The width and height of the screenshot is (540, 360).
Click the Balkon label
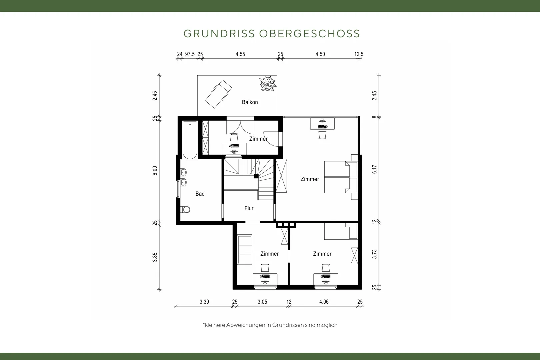pyautogui.click(x=250, y=102)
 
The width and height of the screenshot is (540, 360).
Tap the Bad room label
pyautogui.click(x=200, y=194)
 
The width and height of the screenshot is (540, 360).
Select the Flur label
pyautogui.click(x=249, y=208)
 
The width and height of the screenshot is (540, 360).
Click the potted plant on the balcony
pyautogui.click(x=268, y=84)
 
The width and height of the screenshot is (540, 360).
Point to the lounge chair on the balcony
pyautogui.click(x=218, y=94)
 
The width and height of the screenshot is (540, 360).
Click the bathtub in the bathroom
pyautogui.click(x=190, y=140)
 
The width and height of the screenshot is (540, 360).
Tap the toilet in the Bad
pyautogui.click(x=185, y=210)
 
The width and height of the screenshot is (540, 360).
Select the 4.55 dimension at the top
pyautogui.click(x=240, y=54)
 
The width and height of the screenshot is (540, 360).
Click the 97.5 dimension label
pyautogui.click(x=190, y=54)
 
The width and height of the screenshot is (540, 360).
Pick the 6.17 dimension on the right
pyautogui.click(x=374, y=169)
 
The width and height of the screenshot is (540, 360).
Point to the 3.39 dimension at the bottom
pyautogui.click(x=204, y=302)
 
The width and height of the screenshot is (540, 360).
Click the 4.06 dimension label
pyautogui.click(x=324, y=302)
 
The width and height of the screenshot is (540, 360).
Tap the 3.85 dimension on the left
pyautogui.click(x=155, y=257)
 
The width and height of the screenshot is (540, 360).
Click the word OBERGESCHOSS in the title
pyautogui.click(x=310, y=34)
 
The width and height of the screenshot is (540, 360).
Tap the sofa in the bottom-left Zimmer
pyautogui.click(x=245, y=250)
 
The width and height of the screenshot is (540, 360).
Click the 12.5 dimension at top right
pyautogui.click(x=359, y=54)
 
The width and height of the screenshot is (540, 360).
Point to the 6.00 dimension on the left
pyautogui.click(x=155, y=171)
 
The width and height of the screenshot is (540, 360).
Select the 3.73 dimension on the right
pyautogui.click(x=374, y=254)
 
